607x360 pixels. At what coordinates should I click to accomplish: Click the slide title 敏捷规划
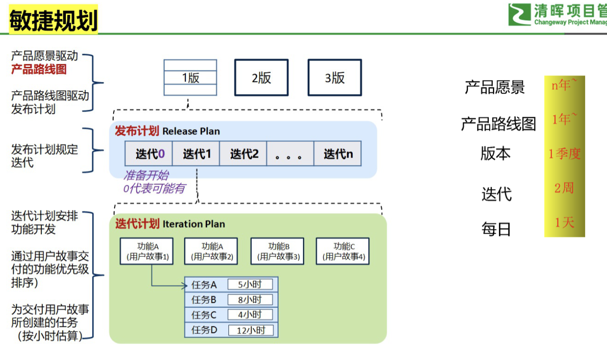pos(53,20)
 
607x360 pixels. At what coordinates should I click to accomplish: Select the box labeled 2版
pos(261,78)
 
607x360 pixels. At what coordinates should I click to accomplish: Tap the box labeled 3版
pos(335,78)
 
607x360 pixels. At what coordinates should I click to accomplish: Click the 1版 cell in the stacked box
pos(190,78)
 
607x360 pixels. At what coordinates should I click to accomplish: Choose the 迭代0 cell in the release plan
pos(149,154)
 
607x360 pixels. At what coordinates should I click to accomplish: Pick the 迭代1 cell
pos(196,154)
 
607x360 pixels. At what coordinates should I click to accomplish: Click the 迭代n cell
pos(338,154)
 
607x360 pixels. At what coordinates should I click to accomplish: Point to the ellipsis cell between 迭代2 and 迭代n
pos(290,154)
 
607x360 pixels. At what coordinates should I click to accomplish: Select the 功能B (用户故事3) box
pos(277,251)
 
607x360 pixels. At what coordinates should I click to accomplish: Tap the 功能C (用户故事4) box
pos(343,251)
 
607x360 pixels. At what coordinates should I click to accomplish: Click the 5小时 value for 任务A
pos(250,285)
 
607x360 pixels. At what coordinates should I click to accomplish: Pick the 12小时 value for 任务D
pos(251,330)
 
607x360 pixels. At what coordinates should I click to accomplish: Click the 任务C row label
pos(204,315)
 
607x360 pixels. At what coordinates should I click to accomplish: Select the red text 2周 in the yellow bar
pos(564,188)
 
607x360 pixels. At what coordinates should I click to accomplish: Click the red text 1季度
pos(564,154)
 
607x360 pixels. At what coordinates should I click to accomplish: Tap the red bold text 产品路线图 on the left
pos(39,69)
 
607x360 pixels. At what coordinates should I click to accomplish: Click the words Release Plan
pos(191,131)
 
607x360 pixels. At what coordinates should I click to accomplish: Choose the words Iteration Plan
pos(194,224)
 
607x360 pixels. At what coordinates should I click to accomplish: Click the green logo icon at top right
pos(519,15)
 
